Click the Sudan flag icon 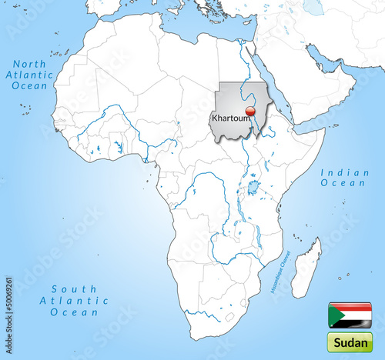[x=350, y=315]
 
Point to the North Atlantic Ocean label [x=30, y=75]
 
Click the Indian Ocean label [x=345, y=178]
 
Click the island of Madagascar [x=306, y=268]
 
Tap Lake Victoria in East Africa [x=252, y=187]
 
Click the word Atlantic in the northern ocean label [x=30, y=75]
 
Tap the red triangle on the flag [x=333, y=315]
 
